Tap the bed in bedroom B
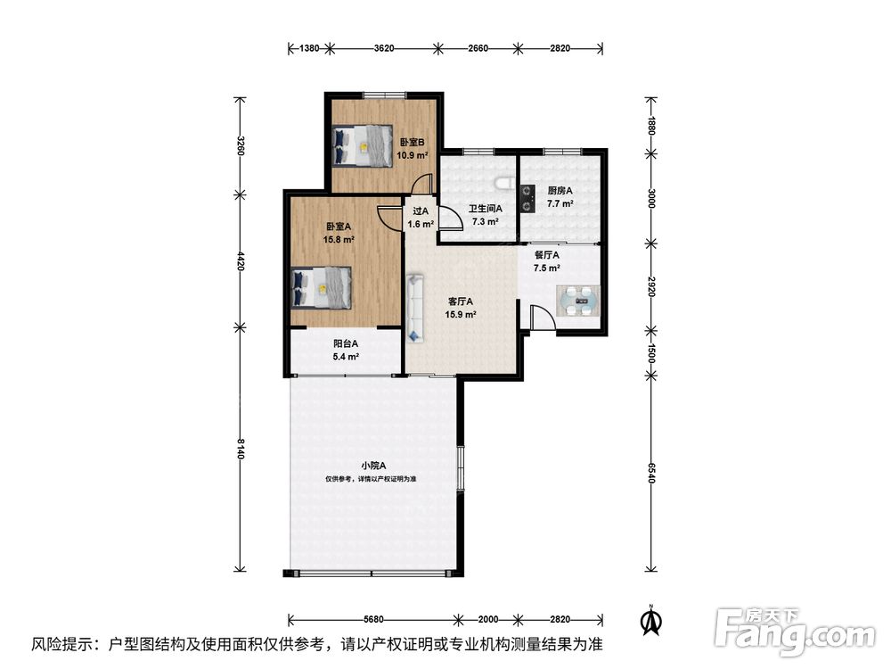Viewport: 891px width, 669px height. (x=363, y=145)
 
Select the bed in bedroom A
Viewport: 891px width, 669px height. (x=322, y=288)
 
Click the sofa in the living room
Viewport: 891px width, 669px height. (x=415, y=309)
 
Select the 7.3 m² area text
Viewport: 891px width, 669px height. (x=486, y=222)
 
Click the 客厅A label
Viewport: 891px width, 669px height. (x=461, y=301)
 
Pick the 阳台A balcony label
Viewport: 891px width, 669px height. (x=346, y=343)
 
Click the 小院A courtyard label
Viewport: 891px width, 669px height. (x=373, y=466)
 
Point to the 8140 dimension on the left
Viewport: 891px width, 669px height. (x=241, y=449)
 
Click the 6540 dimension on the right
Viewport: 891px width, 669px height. (x=651, y=473)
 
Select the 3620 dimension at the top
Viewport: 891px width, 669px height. (x=384, y=48)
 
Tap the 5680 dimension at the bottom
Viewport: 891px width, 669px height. (x=373, y=620)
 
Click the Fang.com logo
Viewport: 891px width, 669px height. (x=795, y=632)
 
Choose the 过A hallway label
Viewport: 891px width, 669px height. (x=421, y=211)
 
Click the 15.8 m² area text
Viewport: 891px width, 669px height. (x=339, y=239)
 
